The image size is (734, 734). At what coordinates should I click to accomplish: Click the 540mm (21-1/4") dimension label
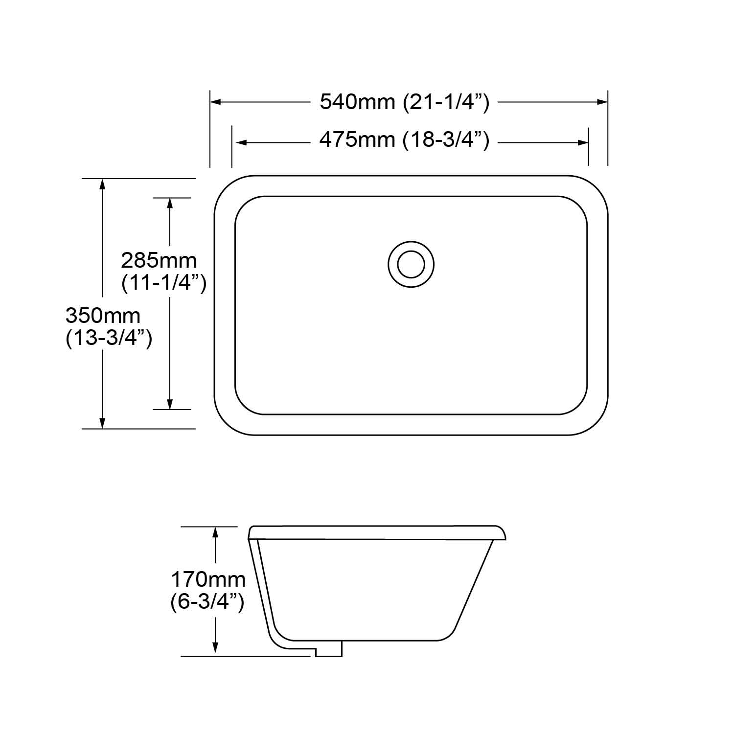(404, 102)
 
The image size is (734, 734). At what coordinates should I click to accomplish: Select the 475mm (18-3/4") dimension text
(404, 140)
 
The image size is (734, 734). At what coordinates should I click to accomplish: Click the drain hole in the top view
(411, 264)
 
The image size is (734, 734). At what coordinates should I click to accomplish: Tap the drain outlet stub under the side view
(328, 649)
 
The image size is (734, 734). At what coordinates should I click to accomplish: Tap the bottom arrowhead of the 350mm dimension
(102, 423)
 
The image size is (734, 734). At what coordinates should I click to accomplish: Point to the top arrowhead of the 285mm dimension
(170, 203)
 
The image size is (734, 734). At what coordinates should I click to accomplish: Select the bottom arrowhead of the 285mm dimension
(170, 404)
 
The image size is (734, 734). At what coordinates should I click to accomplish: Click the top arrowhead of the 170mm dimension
(215, 532)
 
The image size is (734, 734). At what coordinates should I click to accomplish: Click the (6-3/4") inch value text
(207, 602)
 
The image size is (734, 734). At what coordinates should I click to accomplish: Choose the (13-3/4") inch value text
(109, 338)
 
